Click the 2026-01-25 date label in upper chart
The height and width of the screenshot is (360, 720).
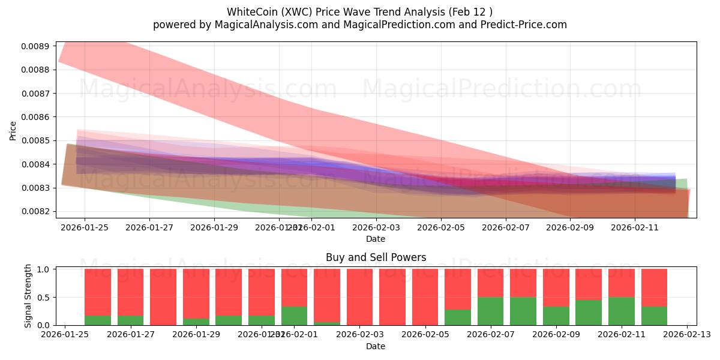tap(85, 227)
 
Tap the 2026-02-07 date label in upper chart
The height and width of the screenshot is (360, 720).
tap(506, 227)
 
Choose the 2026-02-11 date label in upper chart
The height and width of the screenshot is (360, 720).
tap(636, 227)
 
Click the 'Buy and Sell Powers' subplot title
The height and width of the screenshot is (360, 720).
tap(376, 257)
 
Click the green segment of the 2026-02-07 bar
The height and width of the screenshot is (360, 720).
tap(490, 311)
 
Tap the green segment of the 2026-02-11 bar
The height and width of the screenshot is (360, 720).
tap(622, 311)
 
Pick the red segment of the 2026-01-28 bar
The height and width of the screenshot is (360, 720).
tap(163, 296)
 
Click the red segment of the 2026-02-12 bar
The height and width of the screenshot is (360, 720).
tap(654, 287)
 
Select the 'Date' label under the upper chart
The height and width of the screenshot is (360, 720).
tap(376, 239)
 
